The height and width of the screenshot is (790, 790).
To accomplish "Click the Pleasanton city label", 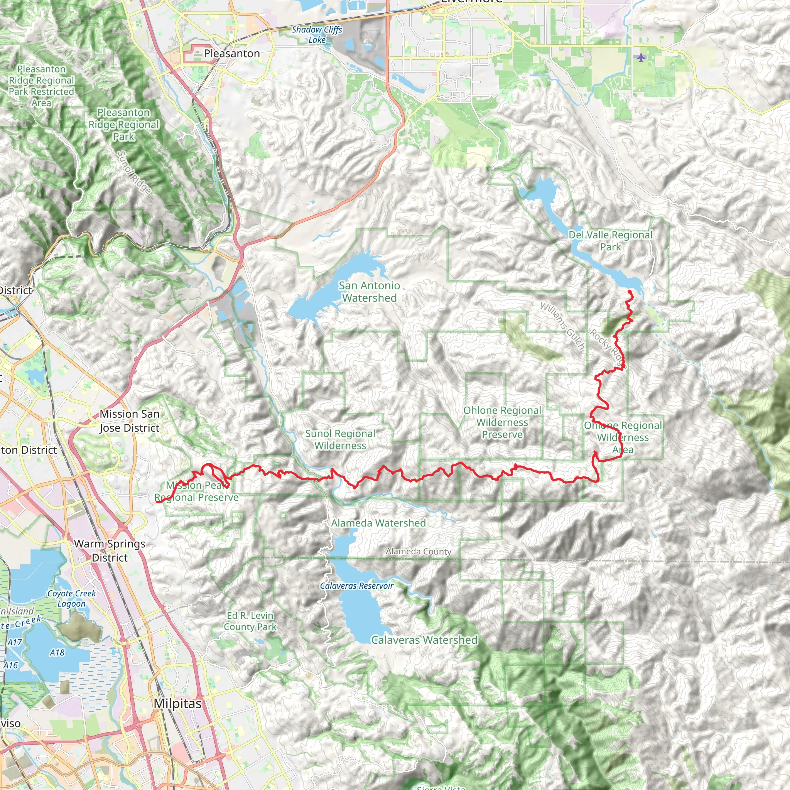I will coord(231,54).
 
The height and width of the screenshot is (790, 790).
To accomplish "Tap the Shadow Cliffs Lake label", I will coord(317,35).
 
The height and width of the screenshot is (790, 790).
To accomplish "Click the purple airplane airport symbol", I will coord(641,57).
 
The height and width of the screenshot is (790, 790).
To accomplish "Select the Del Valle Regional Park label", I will coord(610,241).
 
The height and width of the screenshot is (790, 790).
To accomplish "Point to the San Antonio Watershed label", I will coord(369,292).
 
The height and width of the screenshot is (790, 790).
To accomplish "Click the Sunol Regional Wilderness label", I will coord(340,440).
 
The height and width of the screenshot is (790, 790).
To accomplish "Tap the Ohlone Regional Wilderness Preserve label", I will coord(502,422).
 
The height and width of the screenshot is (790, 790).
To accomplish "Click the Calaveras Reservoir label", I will coord(356,586).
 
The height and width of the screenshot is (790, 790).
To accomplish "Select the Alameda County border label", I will coord(418,552).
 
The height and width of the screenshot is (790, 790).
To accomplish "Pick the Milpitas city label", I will coord(178,704).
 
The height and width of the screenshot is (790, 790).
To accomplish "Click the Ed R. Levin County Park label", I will coord(250,621).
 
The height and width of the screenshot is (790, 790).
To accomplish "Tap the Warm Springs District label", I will coord(110,551).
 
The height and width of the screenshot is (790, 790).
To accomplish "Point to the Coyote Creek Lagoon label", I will coord(72,598).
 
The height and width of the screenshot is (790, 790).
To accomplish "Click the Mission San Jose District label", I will coord(130,421).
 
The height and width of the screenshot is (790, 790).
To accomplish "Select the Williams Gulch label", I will coord(562,326).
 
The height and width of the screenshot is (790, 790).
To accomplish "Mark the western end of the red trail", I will coord(157,502).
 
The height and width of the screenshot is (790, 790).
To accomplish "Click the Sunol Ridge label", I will coord(134,172).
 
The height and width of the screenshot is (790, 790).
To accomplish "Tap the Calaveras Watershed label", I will coord(424,640).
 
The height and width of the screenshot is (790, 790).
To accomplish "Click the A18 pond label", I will coord(57,653).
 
